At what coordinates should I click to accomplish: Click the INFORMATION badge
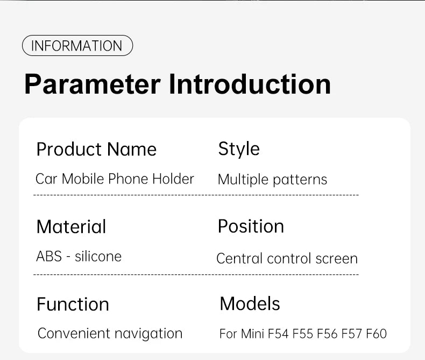coord(77,46)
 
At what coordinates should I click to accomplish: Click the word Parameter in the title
coord(93,84)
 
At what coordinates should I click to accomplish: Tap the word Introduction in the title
coord(250,84)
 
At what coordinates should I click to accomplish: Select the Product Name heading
coord(96,150)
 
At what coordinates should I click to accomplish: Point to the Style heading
coord(239,149)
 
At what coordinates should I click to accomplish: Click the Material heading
coord(71,227)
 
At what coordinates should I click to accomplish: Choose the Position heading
coord(251,226)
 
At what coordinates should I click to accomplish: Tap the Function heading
coord(73,304)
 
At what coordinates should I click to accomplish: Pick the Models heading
coord(250,303)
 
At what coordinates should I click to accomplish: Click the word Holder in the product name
coord(173,179)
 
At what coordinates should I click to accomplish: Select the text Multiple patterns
coord(272,180)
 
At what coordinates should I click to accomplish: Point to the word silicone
coord(98,256)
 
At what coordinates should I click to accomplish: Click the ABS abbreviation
coord(49,256)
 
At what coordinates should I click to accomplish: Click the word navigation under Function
coord(148,334)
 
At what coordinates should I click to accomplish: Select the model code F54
coord(278,334)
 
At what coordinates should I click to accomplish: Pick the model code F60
coord(376,334)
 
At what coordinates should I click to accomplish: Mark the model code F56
coord(327,334)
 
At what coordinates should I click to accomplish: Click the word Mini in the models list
coord(252,334)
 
